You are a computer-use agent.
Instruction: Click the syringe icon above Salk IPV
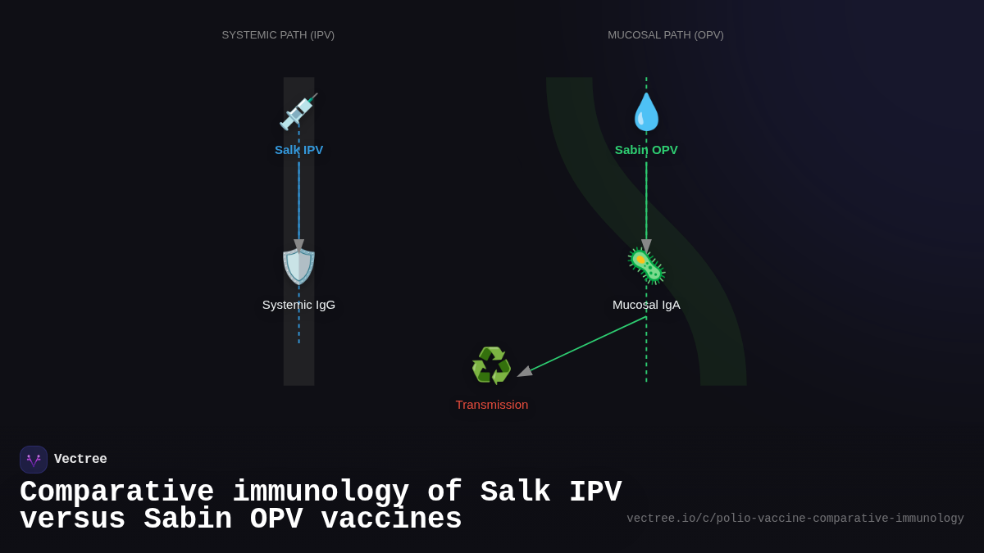tap(298, 111)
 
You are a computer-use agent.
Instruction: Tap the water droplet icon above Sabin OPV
tap(646, 112)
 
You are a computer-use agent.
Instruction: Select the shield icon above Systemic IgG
tap(298, 266)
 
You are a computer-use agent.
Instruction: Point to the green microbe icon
tap(646, 266)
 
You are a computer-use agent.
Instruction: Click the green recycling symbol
tap(491, 365)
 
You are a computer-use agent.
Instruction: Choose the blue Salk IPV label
tap(298, 150)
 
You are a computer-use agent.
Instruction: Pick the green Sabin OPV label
tap(646, 150)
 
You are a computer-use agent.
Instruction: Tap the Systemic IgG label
tap(298, 305)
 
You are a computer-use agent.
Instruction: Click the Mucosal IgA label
tap(646, 305)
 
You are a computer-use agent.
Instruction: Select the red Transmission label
tap(491, 405)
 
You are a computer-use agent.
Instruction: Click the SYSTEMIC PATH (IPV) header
tap(278, 35)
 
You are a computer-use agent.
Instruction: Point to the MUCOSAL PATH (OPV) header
tap(665, 35)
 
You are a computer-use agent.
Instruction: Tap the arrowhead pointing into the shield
tap(298, 245)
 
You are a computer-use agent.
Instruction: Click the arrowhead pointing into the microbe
tap(646, 245)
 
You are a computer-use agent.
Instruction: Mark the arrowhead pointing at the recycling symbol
tap(525, 372)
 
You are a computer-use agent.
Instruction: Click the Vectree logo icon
tap(34, 460)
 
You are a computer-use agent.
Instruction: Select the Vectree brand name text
tap(80, 460)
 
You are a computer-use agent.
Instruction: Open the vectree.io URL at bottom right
tap(795, 519)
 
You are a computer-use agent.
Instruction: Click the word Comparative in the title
tap(116, 492)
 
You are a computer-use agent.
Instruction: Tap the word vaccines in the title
tap(391, 519)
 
